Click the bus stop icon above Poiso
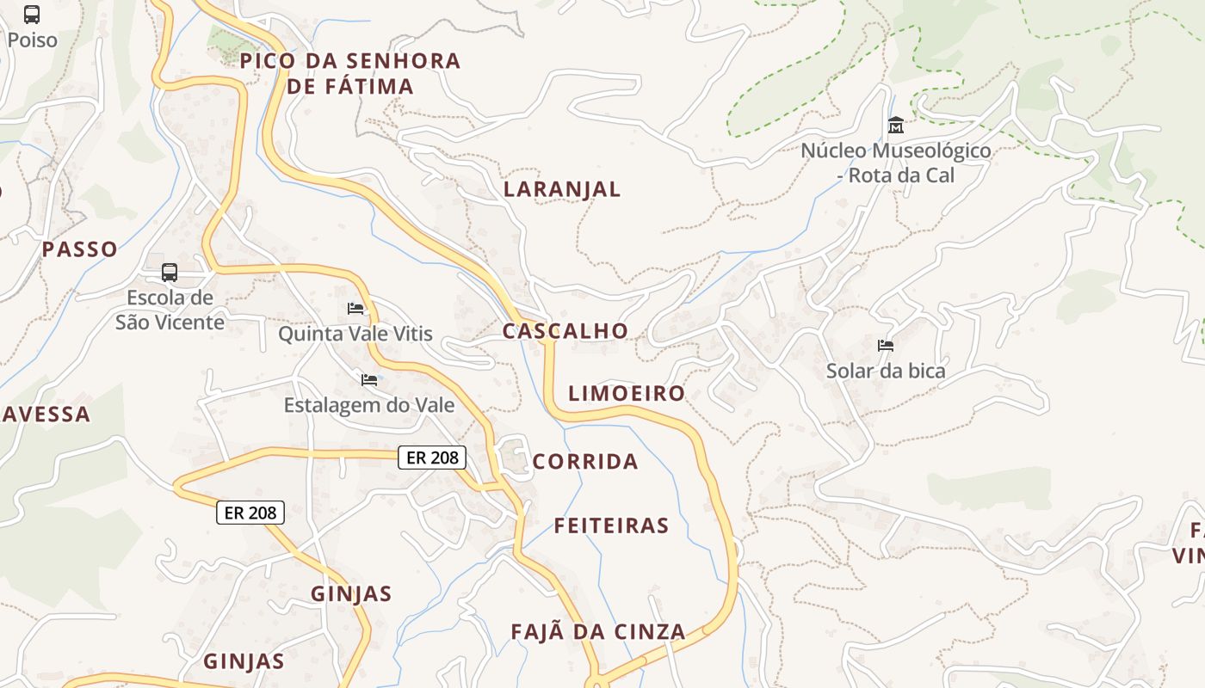(32, 15)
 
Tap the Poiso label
(32, 40)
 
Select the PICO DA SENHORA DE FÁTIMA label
(350, 73)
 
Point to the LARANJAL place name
(562, 189)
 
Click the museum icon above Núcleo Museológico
(895, 126)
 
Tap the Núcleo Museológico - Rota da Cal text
(895, 163)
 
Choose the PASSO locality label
(80, 249)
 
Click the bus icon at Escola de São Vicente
(170, 273)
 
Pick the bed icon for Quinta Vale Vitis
(355, 309)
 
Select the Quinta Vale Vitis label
(355, 334)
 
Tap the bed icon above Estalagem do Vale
(369, 379)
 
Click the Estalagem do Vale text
(369, 405)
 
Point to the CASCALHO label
(565, 331)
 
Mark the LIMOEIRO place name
(627, 394)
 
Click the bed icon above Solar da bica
(885, 346)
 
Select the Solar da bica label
(885, 372)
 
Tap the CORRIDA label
(585, 462)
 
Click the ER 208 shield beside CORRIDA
(432, 458)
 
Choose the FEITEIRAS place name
(611, 525)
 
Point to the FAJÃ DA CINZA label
(598, 632)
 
